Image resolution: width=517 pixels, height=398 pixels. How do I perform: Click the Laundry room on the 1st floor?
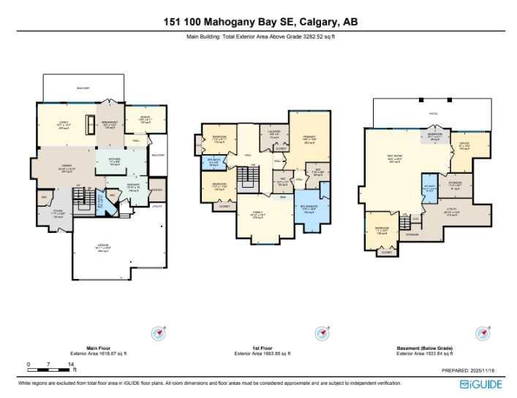pos(275,134)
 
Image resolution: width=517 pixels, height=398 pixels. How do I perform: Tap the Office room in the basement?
pos(464,147)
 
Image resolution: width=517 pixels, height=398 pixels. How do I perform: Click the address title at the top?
pos(258,21)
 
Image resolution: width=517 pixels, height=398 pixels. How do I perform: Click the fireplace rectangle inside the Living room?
pos(91,121)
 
